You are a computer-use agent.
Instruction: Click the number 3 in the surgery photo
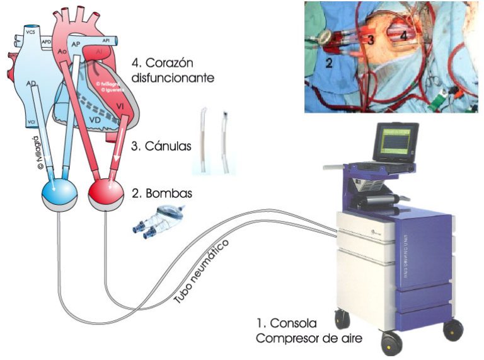coord(372,40)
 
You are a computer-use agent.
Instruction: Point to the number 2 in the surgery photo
coord(329,62)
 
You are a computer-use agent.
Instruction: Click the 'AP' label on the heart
coord(74,45)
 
